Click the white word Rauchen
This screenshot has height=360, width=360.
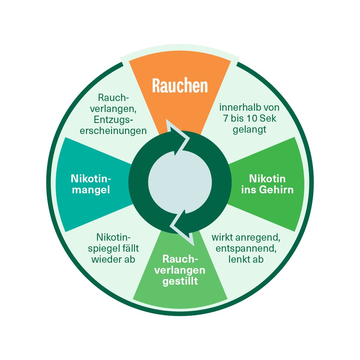click(x=180, y=86)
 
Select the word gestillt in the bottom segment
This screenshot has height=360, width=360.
click(x=180, y=281)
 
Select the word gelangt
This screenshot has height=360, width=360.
click(x=249, y=130)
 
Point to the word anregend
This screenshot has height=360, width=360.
click(x=260, y=238)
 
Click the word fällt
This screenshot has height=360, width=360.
click(x=132, y=248)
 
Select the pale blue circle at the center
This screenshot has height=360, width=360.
click(x=180, y=182)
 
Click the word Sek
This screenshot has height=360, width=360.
click(x=269, y=118)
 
